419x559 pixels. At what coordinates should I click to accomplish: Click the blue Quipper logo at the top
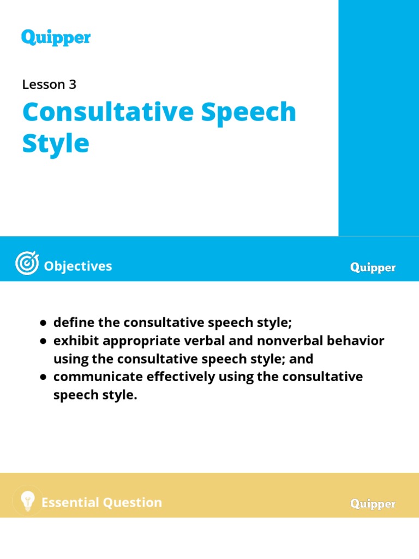[x=56, y=38]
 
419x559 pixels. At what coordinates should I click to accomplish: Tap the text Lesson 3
[x=49, y=85]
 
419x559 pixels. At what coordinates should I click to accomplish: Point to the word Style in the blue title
[x=55, y=144]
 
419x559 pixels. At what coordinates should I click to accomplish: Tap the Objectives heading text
[x=78, y=266]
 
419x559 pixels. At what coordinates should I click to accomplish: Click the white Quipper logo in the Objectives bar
[x=373, y=267]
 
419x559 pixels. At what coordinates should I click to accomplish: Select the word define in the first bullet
[x=74, y=323]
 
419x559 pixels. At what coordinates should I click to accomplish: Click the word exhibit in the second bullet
[x=76, y=341]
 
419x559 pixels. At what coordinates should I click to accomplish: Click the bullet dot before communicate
[x=43, y=377]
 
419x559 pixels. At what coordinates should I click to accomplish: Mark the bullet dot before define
[x=43, y=323]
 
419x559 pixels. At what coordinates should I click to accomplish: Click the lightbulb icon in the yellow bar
[x=27, y=500]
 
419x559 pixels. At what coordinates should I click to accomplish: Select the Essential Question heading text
[x=102, y=503]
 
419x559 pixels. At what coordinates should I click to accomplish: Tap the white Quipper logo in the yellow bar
[x=373, y=504]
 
